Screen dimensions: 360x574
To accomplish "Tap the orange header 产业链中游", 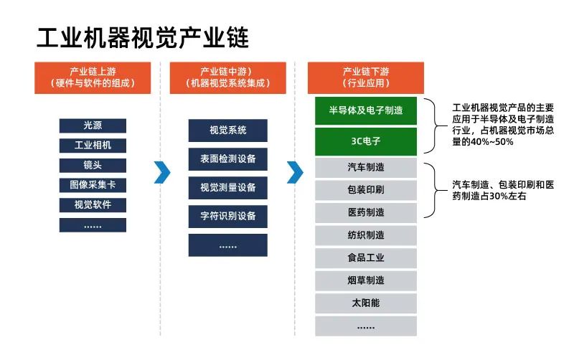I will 227,77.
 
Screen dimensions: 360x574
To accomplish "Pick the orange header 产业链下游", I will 365,77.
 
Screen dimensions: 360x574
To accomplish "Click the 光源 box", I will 93,125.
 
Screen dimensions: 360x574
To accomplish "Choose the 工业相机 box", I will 93,146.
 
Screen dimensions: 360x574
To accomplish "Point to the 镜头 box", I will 93,166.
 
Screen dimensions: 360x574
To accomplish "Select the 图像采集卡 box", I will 93,185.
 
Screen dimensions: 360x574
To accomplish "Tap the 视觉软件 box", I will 93,205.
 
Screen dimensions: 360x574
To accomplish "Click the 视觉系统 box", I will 227,131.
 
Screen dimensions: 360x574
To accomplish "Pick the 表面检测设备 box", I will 227,158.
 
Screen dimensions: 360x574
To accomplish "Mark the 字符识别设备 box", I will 227,216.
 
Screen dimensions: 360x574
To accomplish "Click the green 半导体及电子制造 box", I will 365,110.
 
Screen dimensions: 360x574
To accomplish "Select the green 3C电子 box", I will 365,141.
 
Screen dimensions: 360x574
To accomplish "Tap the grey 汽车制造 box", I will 365,168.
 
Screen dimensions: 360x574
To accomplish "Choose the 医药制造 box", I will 365,213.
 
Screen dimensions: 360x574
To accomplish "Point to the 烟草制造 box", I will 365,280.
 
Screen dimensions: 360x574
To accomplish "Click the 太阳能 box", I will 365,303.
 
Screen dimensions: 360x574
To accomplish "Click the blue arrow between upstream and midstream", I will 162,172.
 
